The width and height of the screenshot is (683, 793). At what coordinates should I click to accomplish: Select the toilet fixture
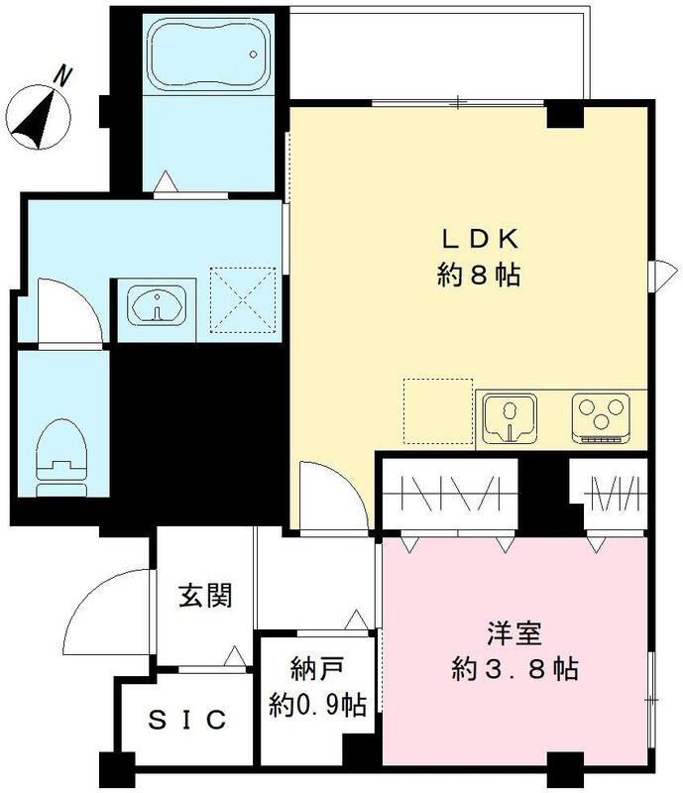60,459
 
